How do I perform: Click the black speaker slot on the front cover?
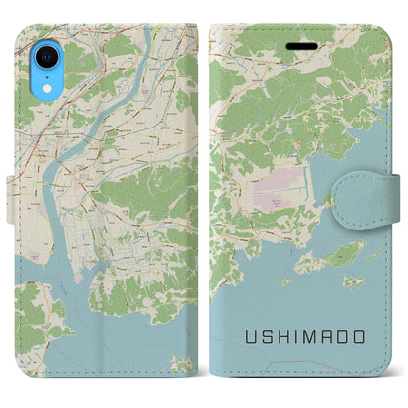(x=297, y=45)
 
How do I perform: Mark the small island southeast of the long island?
(x=354, y=281)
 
